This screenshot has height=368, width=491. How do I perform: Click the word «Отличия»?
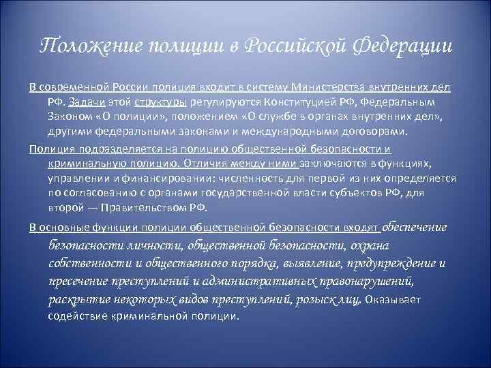[207, 164]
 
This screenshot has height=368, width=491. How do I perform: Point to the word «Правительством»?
[142, 207]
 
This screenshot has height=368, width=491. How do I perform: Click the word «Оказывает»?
[394, 299]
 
